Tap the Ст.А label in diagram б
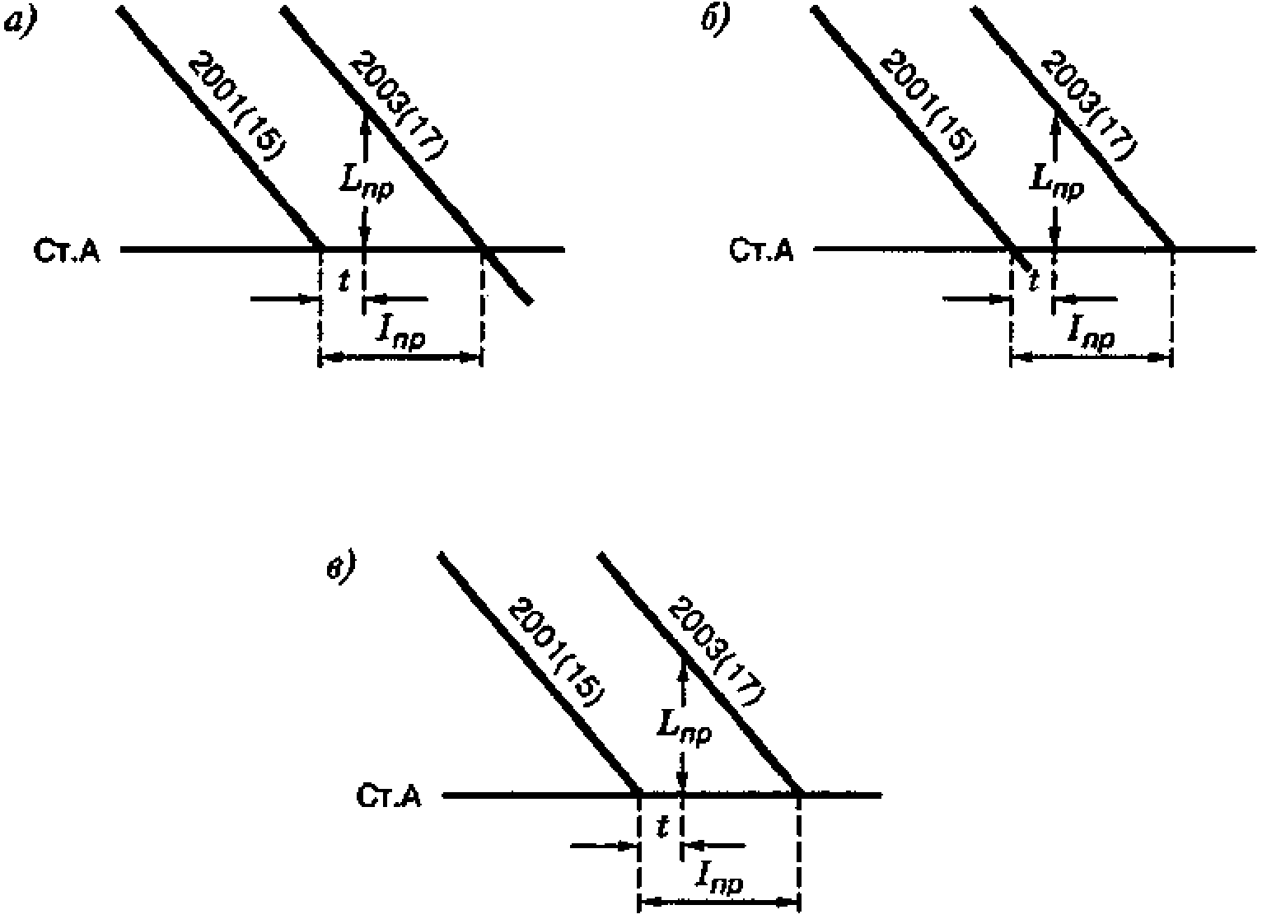pos(761,250)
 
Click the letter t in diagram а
pos(343,281)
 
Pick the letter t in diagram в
pos(661,827)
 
